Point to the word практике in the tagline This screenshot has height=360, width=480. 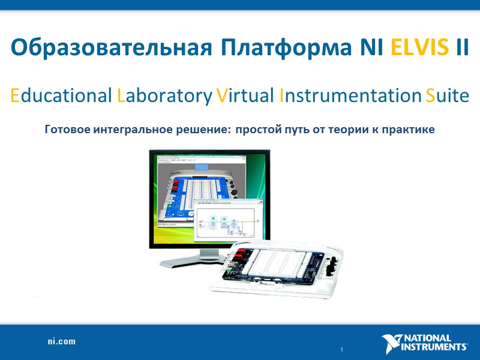(407, 129)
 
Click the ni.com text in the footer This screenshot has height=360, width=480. (62, 341)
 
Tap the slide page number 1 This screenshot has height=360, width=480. (341, 349)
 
